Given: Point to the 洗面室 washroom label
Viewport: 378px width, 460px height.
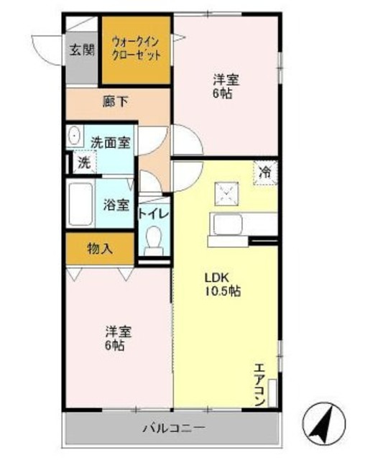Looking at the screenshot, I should [111, 142].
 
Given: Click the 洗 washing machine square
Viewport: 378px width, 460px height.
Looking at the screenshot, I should [83, 162].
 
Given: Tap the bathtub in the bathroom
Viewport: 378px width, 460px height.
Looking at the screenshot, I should [83, 204].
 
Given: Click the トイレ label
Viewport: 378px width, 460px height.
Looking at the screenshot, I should [153, 213].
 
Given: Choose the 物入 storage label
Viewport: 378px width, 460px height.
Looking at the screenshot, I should [100, 249].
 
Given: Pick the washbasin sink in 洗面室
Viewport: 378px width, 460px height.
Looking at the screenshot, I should [75, 137].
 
